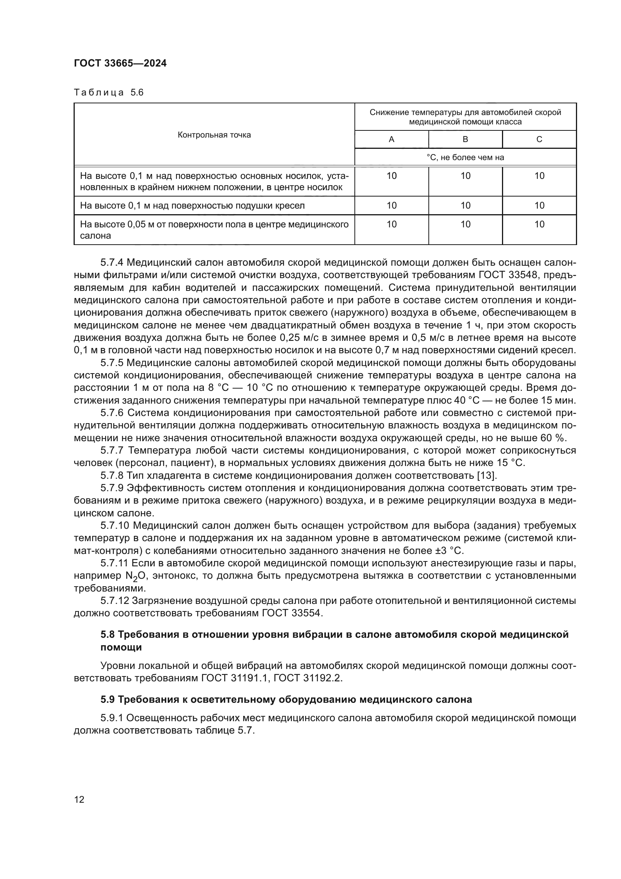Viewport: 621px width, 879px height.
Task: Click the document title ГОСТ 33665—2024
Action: coord(120,64)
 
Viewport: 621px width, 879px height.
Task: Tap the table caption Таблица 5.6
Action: coord(109,93)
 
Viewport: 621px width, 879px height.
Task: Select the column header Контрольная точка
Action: coord(214,135)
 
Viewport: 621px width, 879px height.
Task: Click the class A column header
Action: coord(391,139)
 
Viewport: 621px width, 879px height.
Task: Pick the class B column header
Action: coord(465,139)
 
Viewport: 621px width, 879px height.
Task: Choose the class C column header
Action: coord(539,139)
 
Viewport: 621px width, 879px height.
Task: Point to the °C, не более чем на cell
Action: coord(465,157)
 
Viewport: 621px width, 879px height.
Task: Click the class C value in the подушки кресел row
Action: coord(539,206)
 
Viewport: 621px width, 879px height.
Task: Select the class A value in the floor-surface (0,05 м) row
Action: coord(391,224)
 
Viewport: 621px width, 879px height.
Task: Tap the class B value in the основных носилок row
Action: coord(465,176)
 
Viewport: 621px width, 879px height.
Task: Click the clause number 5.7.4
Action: coord(112,263)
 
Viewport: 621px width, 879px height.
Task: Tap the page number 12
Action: coord(79,800)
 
